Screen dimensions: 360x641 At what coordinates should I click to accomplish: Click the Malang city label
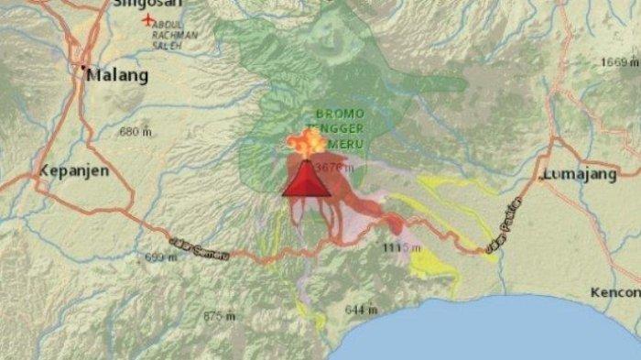click(x=118, y=76)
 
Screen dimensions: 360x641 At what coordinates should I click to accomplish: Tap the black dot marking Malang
click(x=82, y=69)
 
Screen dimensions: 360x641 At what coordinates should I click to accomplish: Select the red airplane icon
click(x=147, y=20)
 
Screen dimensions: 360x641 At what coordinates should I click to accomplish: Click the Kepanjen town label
click(x=74, y=171)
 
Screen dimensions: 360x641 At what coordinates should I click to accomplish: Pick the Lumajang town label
click(x=580, y=174)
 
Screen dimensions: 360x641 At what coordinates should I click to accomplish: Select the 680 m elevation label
click(x=135, y=132)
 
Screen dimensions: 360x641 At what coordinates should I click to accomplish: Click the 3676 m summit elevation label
click(x=334, y=168)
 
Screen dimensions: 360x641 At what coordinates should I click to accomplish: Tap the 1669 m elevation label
click(x=620, y=61)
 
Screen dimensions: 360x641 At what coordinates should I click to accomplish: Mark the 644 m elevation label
click(x=361, y=310)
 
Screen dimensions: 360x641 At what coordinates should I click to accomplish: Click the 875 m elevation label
click(x=220, y=316)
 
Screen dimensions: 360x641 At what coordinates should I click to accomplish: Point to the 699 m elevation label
click(x=160, y=257)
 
